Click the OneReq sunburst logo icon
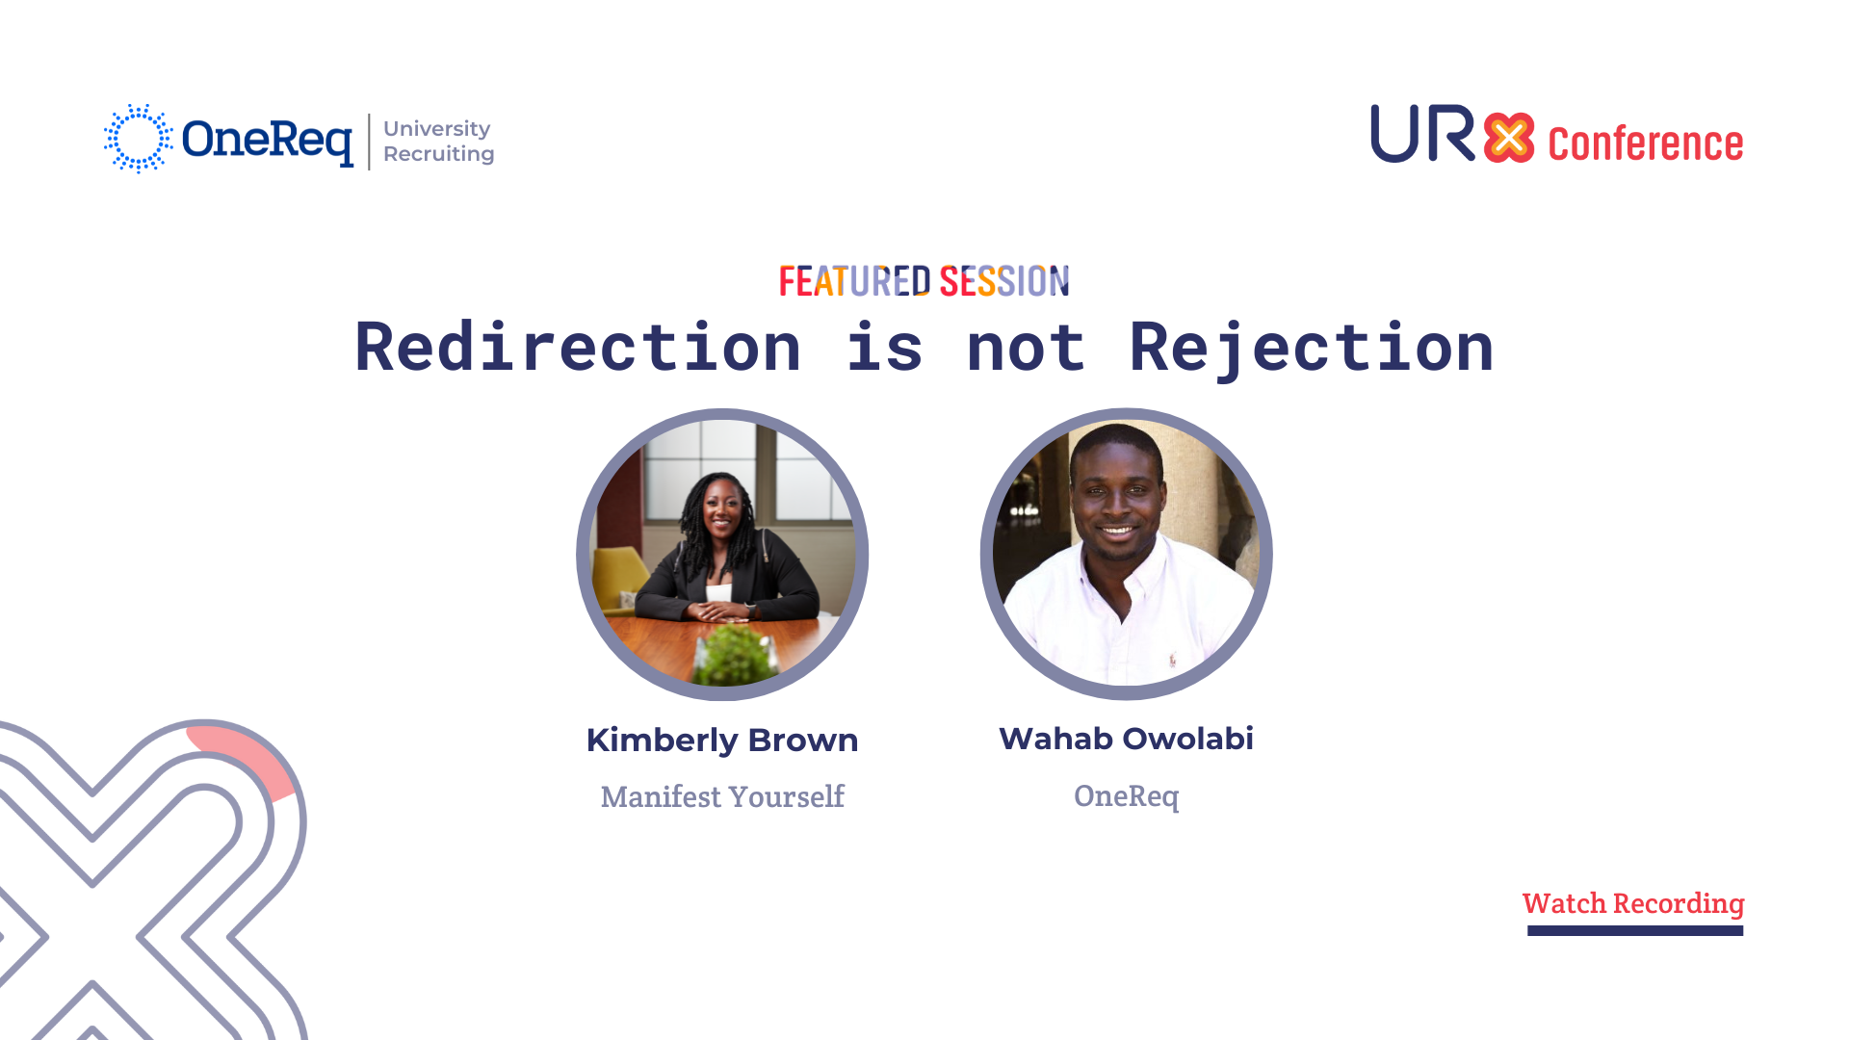139,139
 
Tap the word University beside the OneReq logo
437,129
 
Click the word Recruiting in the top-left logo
439,154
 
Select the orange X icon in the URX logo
1509,138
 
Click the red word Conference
1646,143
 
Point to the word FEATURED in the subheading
855,281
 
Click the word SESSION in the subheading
1004,281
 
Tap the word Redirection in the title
578,348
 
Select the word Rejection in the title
1312,348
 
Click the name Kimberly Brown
722,741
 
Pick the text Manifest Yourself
722,796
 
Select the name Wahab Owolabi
1127,739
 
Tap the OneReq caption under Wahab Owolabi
1127,796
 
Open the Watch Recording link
1633,904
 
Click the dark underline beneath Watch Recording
1635,930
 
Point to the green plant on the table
736,654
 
